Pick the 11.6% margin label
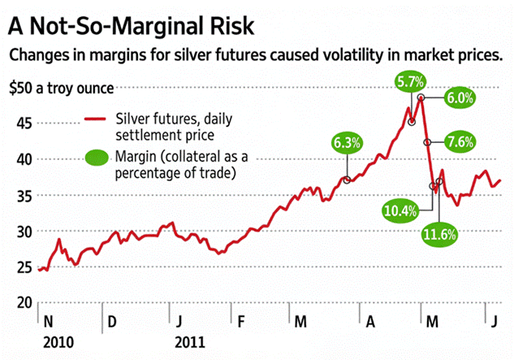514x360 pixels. tap(439, 235)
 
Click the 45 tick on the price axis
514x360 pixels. tap(24, 124)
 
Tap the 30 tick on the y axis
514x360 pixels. tap(24, 232)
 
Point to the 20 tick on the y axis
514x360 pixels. tap(24, 303)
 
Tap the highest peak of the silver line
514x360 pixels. tap(421, 98)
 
